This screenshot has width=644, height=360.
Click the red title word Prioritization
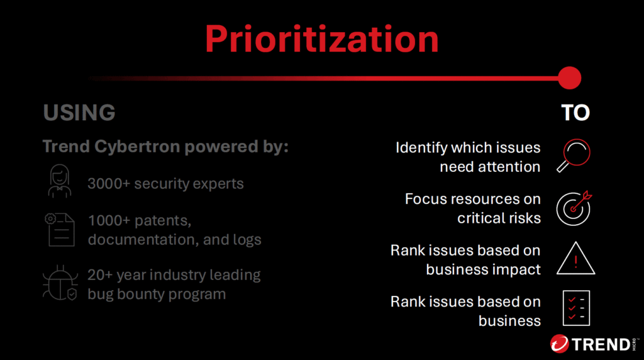(x=322, y=40)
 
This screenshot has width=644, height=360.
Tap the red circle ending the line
(x=569, y=77)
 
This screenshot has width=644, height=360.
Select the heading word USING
(x=79, y=113)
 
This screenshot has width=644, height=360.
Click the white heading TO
(x=575, y=113)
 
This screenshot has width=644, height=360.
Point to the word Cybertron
(x=137, y=146)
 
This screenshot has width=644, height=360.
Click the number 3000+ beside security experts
(x=108, y=184)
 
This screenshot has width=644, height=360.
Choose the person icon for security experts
(x=60, y=181)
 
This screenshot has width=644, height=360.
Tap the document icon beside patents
(x=60, y=230)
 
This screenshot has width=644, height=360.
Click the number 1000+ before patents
(x=109, y=221)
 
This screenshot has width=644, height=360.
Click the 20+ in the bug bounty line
(x=100, y=275)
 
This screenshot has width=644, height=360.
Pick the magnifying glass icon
(x=574, y=155)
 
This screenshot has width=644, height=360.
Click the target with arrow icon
(x=574, y=208)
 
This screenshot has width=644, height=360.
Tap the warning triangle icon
(x=576, y=258)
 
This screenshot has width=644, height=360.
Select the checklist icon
(x=576, y=308)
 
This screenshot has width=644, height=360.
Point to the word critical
(x=480, y=218)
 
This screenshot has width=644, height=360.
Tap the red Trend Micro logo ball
(x=559, y=344)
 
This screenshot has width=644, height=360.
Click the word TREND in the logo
(x=601, y=344)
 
